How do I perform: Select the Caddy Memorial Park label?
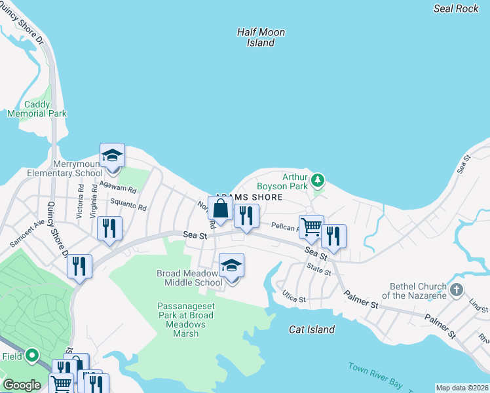(37, 109)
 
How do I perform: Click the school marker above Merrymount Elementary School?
(112, 156)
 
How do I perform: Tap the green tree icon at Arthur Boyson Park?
(318, 179)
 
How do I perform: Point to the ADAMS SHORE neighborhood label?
(249, 197)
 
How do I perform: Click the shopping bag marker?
(221, 209)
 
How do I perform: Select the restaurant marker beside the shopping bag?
(246, 216)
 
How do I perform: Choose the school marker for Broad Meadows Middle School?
(231, 266)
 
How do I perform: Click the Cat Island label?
(312, 329)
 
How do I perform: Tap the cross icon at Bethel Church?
(456, 289)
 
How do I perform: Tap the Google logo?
(22, 385)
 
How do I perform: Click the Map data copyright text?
(462, 388)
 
